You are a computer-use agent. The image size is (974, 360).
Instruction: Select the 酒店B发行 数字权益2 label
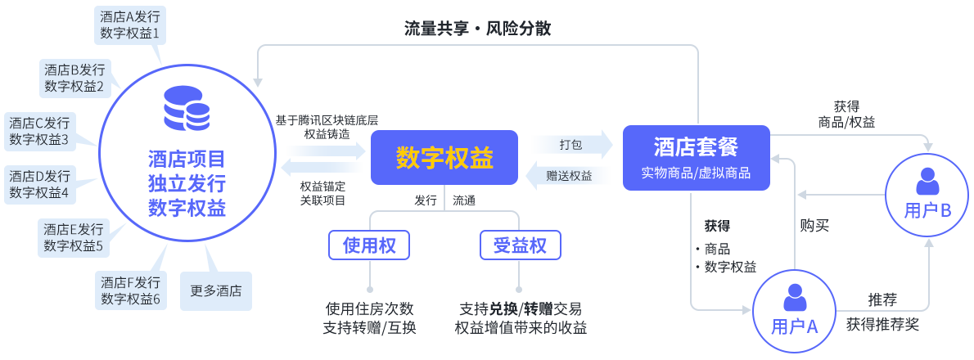pos(74,79)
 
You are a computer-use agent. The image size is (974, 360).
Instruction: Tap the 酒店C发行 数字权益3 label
pos(39,132)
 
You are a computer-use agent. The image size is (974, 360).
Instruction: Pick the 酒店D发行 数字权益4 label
pos(39,185)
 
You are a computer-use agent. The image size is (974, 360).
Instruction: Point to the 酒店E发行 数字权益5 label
pos(74,237)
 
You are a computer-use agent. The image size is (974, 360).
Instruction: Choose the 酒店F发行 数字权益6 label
pos(130,291)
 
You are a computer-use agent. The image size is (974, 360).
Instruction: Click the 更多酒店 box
pos(216,290)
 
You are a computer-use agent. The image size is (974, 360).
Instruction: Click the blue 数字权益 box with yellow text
pos(444,157)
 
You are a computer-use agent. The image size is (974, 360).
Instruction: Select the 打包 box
pos(571,145)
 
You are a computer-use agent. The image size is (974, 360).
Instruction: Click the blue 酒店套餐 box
pos(696,158)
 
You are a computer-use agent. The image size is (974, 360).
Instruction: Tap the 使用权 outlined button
pos(369,245)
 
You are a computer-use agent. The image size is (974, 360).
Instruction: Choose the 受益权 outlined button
pos(520,245)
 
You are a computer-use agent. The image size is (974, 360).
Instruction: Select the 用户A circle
pos(794,312)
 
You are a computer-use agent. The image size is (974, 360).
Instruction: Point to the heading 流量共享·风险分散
pos(478,29)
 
